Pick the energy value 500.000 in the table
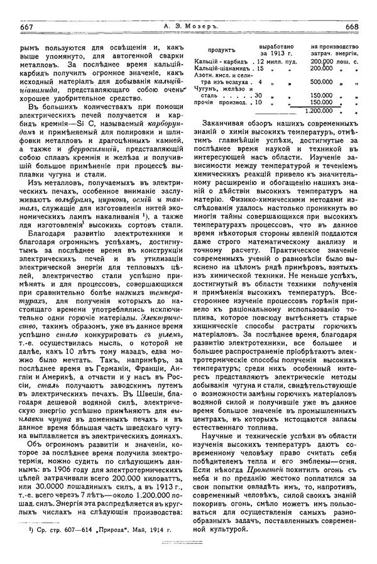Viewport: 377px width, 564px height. [x=321, y=81]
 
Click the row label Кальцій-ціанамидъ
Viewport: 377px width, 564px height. [x=221, y=67]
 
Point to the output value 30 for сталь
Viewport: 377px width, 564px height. [x=257, y=95]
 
